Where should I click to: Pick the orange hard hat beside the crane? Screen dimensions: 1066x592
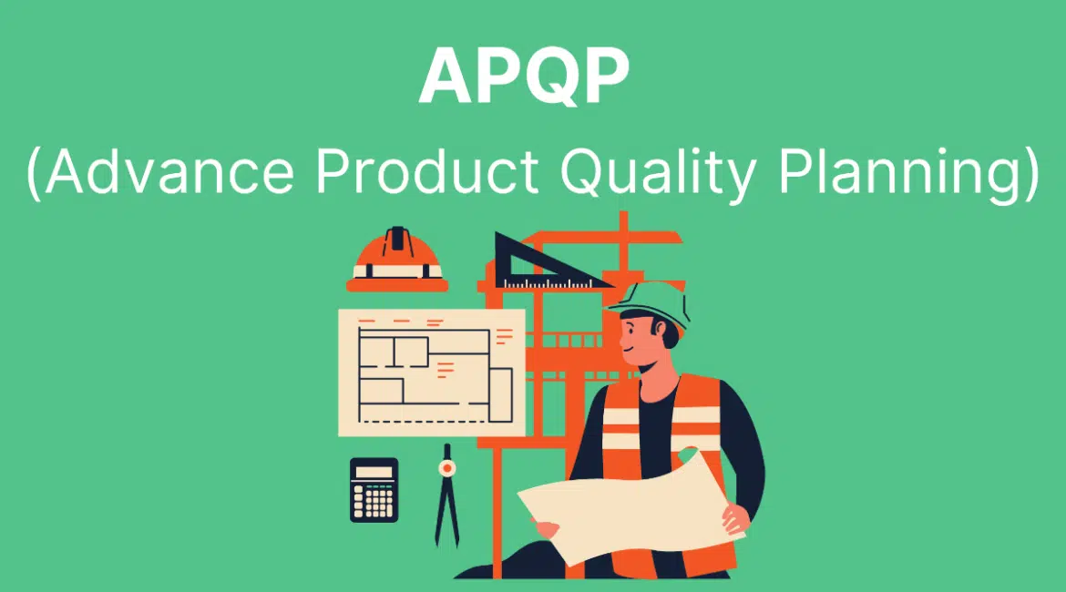[397, 260]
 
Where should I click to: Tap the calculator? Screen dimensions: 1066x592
[374, 490]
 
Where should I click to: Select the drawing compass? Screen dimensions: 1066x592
[446, 495]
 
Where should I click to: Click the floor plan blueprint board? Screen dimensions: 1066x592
[432, 373]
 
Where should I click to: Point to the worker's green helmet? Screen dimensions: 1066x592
[651, 304]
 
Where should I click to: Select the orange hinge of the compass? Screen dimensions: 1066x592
[446, 468]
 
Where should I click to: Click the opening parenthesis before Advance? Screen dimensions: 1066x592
[33, 174]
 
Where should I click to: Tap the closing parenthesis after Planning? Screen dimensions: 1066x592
[1031, 174]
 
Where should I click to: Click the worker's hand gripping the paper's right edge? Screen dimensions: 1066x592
[735, 516]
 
